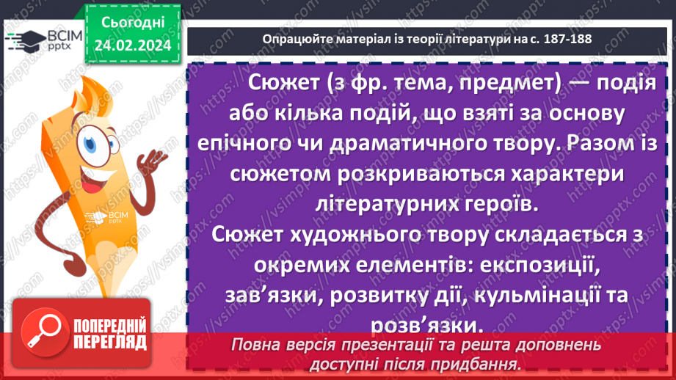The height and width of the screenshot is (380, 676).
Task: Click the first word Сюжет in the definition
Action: click(284, 83)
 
